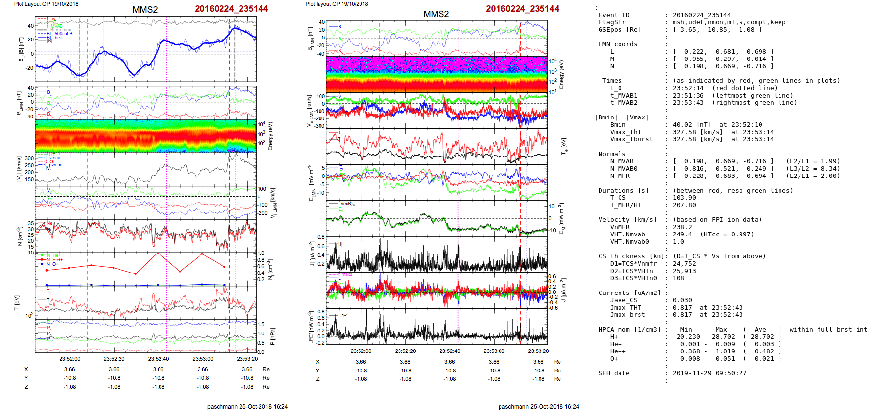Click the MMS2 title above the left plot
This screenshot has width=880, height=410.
tap(145, 10)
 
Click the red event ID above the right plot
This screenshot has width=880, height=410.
tap(522, 9)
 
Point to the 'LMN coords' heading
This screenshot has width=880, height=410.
tap(618, 44)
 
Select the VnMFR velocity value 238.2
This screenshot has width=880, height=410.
tap(682, 227)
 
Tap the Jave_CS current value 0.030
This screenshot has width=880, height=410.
tap(682, 300)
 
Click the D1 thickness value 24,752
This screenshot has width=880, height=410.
tap(684, 264)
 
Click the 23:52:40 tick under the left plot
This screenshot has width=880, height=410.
tap(159, 359)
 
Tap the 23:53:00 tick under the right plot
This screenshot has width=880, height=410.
tap(494, 351)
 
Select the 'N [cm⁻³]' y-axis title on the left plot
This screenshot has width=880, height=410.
tap(20, 236)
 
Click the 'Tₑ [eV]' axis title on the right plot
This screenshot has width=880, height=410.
tap(564, 145)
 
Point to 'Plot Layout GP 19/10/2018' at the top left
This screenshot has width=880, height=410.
tap(46, 4)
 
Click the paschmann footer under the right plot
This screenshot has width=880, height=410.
tap(539, 406)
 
